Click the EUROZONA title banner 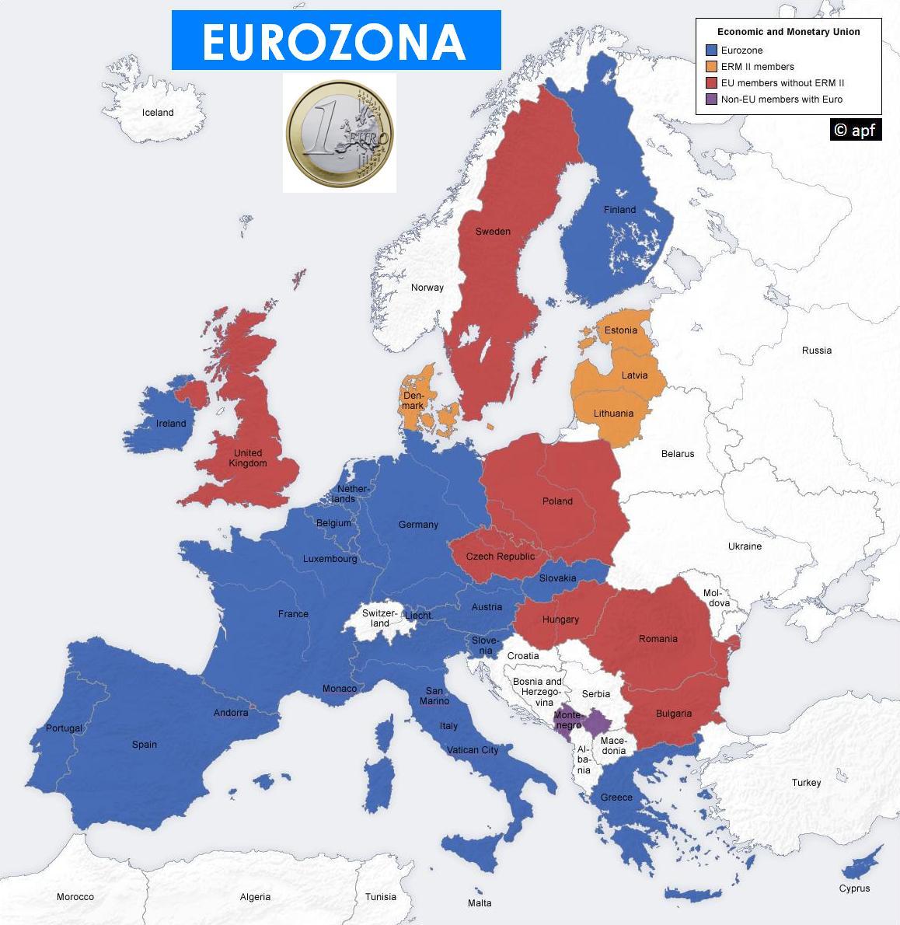tap(336, 40)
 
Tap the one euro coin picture tap(340, 133)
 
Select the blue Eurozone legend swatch tap(711, 51)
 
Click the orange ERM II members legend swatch tap(711, 67)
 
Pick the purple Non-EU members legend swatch tap(711, 99)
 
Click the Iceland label tap(158, 113)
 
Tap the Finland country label tap(619, 210)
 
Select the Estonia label tap(620, 330)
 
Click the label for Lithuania tap(613, 414)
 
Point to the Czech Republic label tap(500, 557)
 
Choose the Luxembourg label tap(330, 559)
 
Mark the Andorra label tap(231, 713)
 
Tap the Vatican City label tap(473, 750)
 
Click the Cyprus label tap(854, 888)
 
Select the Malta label tap(480, 903)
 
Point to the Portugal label tap(64, 728)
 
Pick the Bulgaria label tap(673, 714)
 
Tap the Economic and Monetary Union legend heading tap(788, 32)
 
